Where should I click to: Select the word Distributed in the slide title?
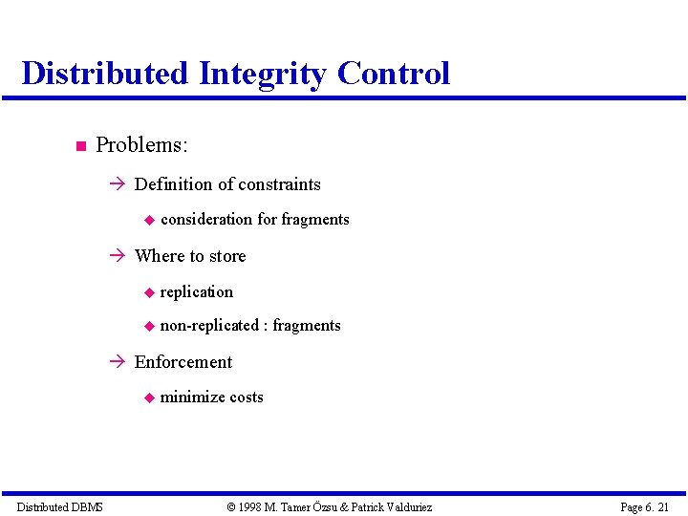tap(104, 74)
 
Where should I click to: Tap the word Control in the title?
tap(393, 74)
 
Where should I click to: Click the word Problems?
tap(141, 145)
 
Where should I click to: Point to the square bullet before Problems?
tap(80, 146)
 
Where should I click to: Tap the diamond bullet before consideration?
tap(148, 221)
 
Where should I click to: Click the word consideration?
tap(206, 220)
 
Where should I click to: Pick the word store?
tap(226, 256)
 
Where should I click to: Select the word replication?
tap(196, 291)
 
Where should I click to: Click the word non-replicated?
tap(208, 326)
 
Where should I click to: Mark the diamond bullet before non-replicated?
tap(148, 327)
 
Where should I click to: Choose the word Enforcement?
tap(183, 362)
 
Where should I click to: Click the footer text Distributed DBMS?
tap(60, 506)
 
